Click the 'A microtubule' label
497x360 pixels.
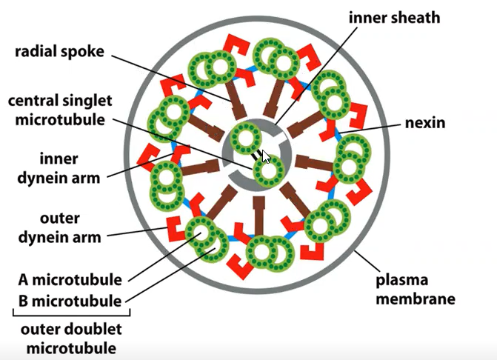click(x=70, y=281)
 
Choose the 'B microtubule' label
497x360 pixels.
click(x=70, y=301)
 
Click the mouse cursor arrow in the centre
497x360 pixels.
click(x=267, y=156)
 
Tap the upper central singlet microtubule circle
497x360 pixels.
click(x=244, y=138)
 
